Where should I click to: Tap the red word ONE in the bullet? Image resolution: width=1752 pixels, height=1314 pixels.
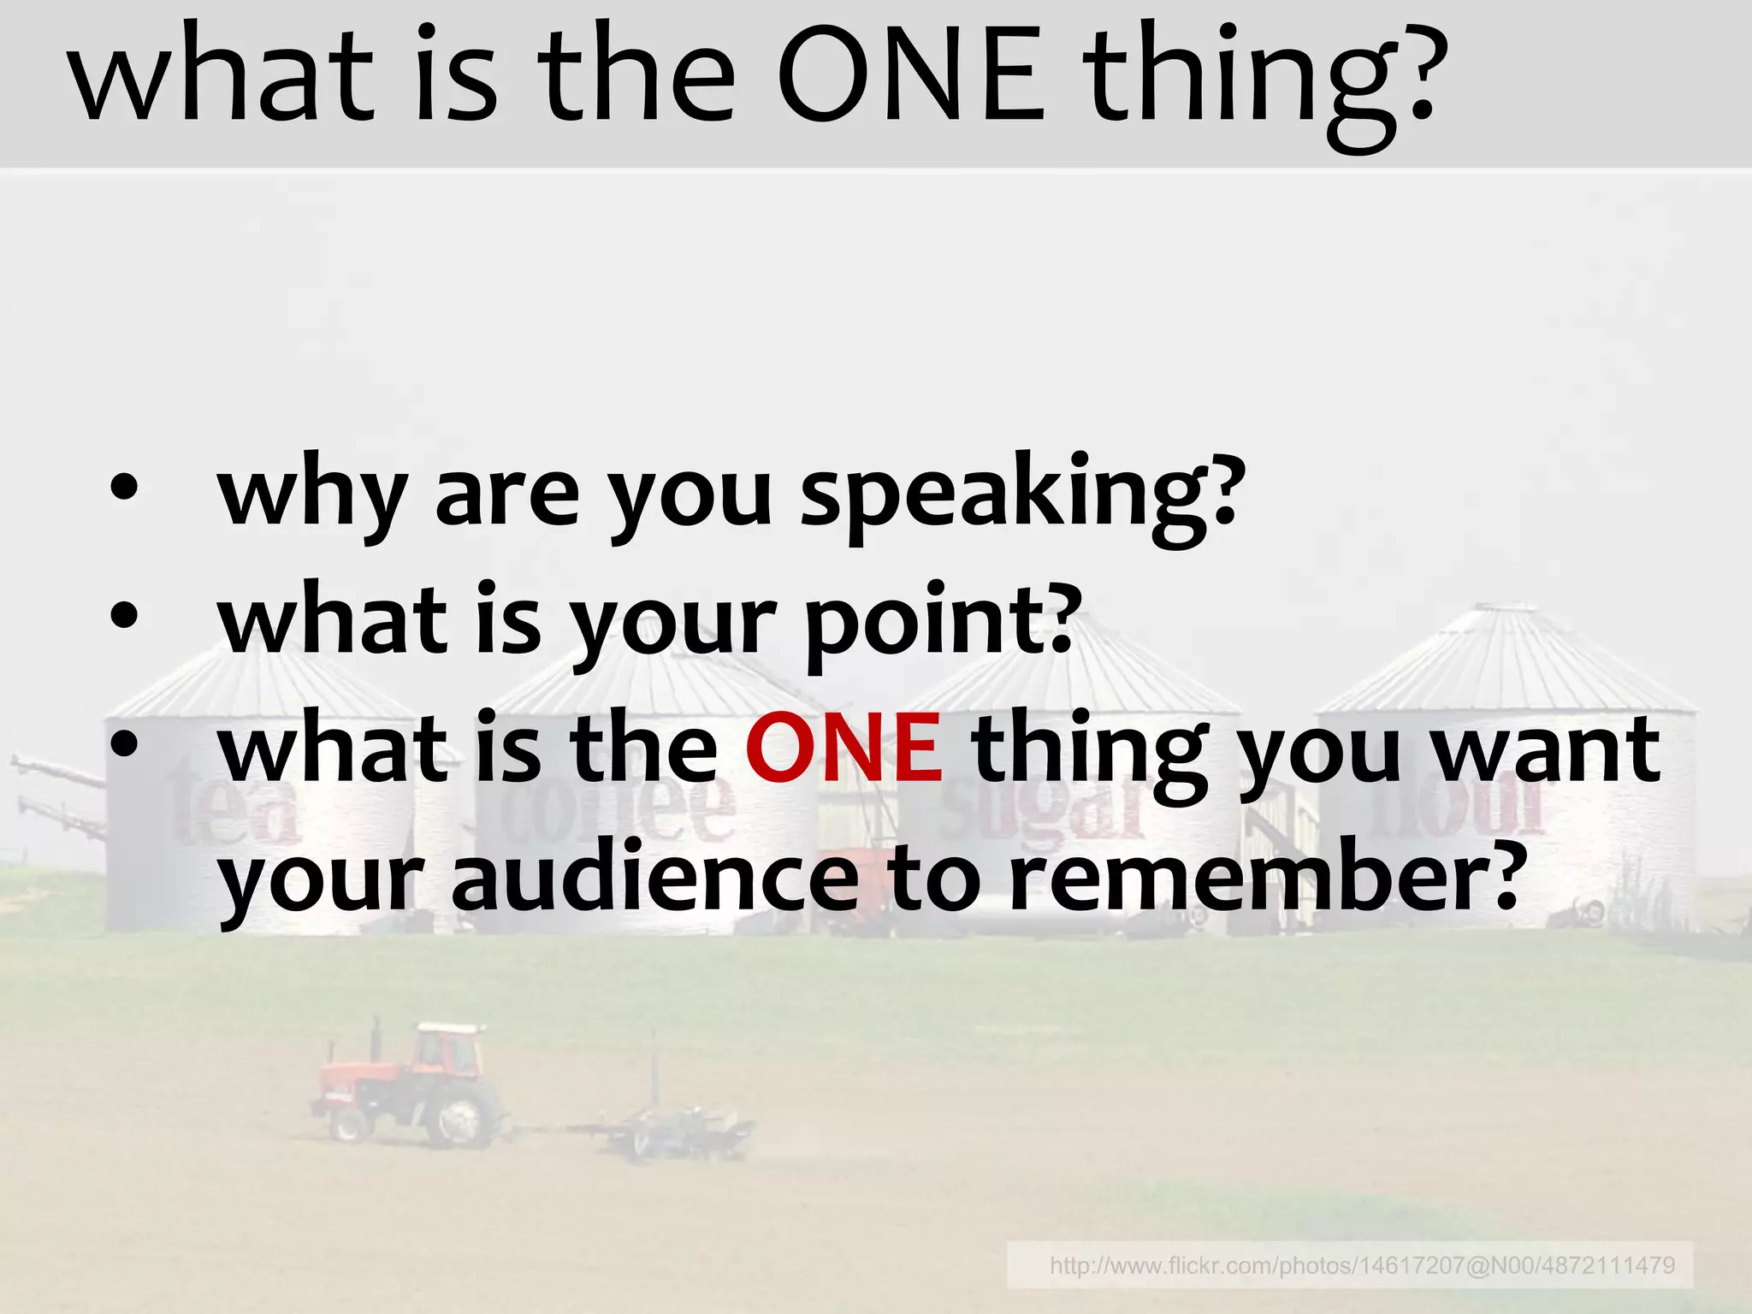point(844,749)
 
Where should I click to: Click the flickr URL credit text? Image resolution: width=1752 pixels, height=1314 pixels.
point(1362,1265)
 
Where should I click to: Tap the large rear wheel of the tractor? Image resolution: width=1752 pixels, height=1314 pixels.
point(462,1116)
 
